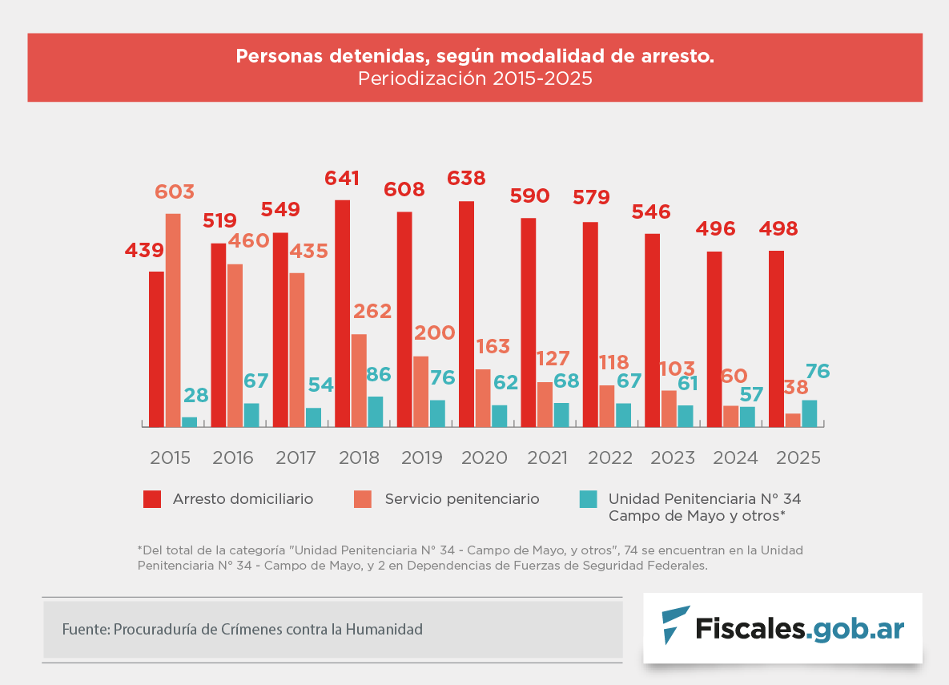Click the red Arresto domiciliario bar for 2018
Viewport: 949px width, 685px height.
coord(343,313)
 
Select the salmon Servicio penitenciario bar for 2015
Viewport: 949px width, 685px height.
coord(173,320)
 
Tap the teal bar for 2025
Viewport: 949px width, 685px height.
coord(810,413)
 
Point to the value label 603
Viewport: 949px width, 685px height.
coord(175,192)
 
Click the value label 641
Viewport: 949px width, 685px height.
coord(342,178)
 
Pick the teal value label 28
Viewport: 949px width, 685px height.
coord(196,395)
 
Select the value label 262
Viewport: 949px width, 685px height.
coord(372,311)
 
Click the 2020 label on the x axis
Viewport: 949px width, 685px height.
coord(485,458)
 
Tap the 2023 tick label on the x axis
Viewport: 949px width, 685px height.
coord(673,458)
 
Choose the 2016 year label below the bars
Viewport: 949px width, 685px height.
coord(233,458)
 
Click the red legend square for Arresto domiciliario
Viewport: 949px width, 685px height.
coord(152,499)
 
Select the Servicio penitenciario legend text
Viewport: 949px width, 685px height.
coord(462,499)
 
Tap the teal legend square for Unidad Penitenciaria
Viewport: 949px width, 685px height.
coord(588,499)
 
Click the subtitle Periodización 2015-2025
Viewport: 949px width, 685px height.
coord(475,79)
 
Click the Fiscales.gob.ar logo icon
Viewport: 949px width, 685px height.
coord(675,625)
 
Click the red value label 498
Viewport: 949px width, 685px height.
coord(779,229)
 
